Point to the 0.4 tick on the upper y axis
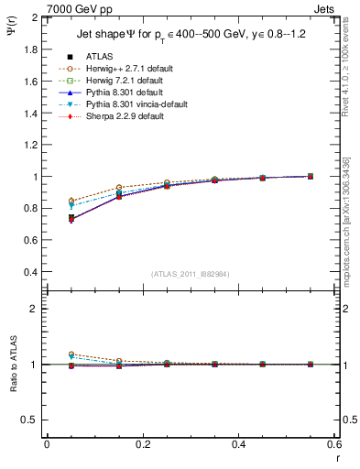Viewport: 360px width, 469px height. coord(31,272)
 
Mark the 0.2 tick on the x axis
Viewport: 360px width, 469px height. coord(142,444)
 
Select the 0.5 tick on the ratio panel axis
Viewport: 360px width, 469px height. coord(31,420)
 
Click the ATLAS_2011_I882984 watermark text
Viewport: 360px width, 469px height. coord(190,274)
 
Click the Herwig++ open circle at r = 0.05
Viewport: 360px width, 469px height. coord(71,201)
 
